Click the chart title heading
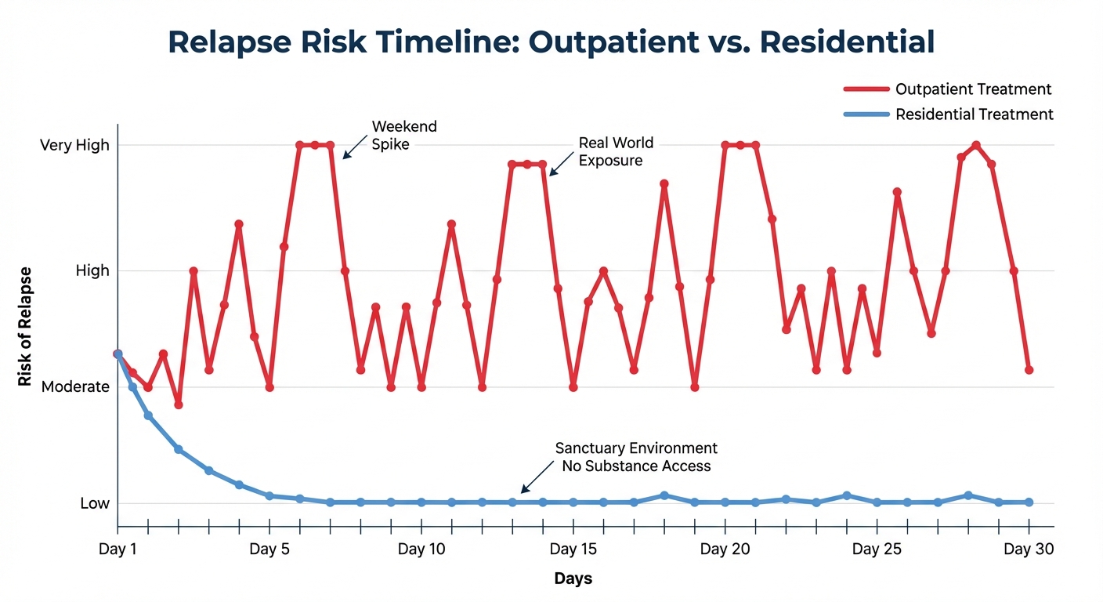(x=551, y=42)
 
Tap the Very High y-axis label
(x=74, y=145)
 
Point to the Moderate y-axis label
(x=75, y=386)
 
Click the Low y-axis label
(x=95, y=503)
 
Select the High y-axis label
(x=92, y=270)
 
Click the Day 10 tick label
(x=421, y=549)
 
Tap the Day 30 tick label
(x=1028, y=549)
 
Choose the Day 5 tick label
(x=269, y=549)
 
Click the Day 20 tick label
(x=725, y=549)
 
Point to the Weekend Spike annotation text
(x=404, y=135)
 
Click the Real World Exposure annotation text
(x=616, y=152)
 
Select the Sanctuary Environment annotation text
(x=636, y=457)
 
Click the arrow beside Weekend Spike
(x=354, y=146)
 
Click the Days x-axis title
(x=573, y=579)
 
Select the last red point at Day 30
(x=1029, y=369)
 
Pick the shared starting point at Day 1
(x=118, y=354)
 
